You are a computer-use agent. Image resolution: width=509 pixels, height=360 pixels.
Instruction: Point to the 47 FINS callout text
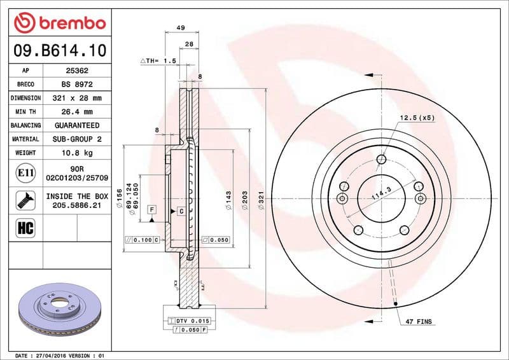click(x=419, y=322)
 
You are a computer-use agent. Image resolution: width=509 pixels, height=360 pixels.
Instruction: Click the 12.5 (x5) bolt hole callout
click(x=417, y=118)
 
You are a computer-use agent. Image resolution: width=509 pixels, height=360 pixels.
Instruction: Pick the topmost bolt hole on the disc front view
click(x=382, y=160)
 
